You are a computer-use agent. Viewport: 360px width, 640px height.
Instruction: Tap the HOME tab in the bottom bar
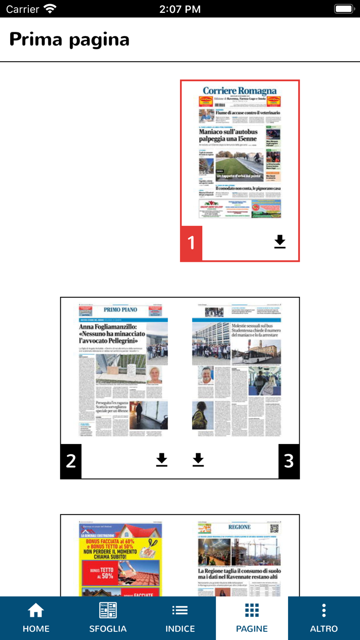(x=36, y=618)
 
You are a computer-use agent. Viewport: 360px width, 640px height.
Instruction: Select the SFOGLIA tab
(x=108, y=618)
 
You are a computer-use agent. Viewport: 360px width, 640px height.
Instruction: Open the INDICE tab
(x=180, y=618)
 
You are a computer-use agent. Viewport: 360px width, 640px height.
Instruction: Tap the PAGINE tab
(x=252, y=618)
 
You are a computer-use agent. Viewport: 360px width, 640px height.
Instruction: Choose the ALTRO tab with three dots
(x=324, y=618)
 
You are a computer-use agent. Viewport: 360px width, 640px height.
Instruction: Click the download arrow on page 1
(x=280, y=242)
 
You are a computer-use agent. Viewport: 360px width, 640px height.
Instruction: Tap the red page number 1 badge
(x=191, y=243)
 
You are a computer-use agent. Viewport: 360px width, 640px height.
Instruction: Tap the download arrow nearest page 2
(x=162, y=460)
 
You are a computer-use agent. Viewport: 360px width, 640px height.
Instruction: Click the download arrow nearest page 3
(x=199, y=460)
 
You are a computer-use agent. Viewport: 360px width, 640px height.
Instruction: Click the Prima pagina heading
(x=69, y=40)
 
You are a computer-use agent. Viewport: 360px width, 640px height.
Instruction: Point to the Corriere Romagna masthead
(x=240, y=91)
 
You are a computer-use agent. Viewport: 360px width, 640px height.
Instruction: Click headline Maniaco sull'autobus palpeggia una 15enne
(x=228, y=135)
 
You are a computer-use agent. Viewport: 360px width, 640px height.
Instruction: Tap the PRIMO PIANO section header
(x=120, y=310)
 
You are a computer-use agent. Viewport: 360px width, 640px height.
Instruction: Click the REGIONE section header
(x=240, y=527)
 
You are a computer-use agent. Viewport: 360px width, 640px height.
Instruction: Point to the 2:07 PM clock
(x=180, y=9)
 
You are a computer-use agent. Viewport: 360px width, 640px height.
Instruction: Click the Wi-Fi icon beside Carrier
(x=50, y=9)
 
